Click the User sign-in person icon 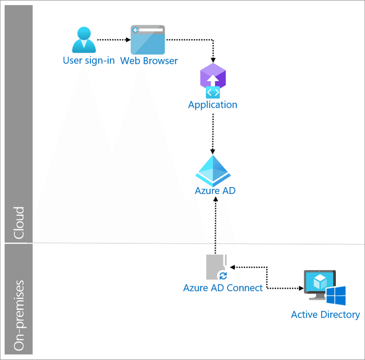[x=84, y=40]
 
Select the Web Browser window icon [x=148, y=40]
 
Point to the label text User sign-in [x=89, y=61]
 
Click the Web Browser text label [x=149, y=61]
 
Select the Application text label [x=213, y=105]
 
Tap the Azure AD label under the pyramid [x=215, y=191]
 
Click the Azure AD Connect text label [x=223, y=288]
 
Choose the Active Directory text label [x=325, y=315]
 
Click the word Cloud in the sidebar [x=19, y=223]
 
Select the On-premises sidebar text [x=19, y=315]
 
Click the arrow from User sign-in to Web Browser [x=114, y=40]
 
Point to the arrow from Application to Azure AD [x=213, y=134]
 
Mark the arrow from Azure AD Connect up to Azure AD [x=215, y=225]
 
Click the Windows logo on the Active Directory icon [x=336, y=296]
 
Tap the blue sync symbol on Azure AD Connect [x=223, y=276]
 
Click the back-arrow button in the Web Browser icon [x=135, y=30]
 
